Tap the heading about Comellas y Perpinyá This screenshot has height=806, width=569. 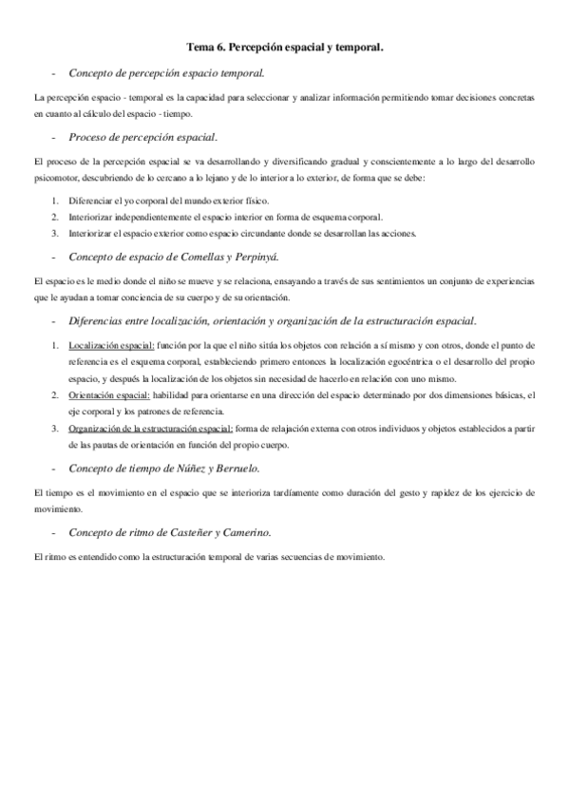[x=170, y=258]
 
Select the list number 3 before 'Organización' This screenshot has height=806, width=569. [x=55, y=429]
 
